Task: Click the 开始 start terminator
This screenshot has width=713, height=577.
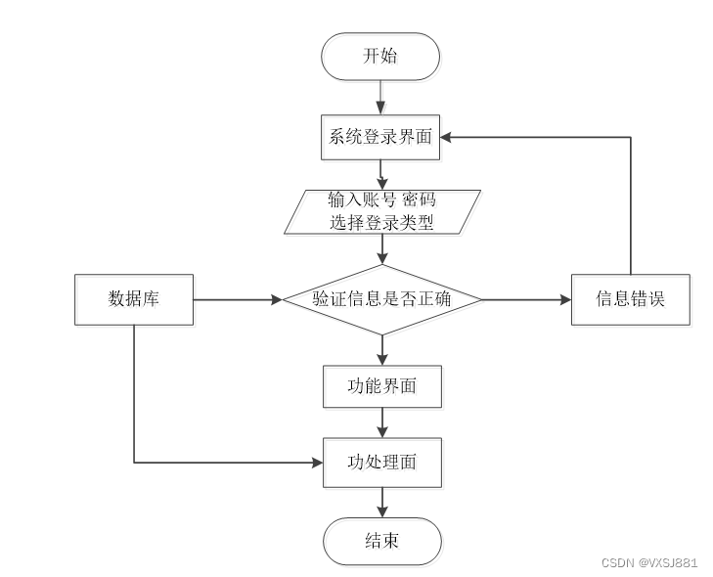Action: (380, 57)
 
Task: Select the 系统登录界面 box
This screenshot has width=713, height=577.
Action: (380, 137)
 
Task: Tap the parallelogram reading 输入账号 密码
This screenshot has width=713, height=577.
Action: (382, 212)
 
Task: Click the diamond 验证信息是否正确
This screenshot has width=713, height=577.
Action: (382, 299)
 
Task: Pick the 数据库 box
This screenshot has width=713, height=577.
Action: (134, 299)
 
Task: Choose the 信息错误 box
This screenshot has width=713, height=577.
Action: (631, 299)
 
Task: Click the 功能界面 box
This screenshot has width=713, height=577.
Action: (382, 386)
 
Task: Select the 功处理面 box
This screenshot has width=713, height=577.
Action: (382, 463)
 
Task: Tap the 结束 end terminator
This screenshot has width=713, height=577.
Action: (382, 541)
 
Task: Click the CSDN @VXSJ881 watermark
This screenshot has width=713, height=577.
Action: (649, 563)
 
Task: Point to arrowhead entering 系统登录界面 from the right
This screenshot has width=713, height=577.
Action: (446, 137)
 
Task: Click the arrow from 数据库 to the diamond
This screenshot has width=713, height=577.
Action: (238, 299)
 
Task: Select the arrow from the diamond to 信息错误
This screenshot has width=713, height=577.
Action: (526, 299)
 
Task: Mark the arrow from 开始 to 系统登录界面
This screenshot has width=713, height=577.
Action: (380, 98)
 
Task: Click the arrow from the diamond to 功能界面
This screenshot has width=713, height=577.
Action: (382, 350)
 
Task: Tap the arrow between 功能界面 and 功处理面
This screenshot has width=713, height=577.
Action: (382, 422)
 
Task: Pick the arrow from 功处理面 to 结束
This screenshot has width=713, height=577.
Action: (382, 503)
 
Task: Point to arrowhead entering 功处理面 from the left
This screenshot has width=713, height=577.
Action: (318, 463)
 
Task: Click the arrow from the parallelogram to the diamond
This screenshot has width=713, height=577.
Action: (382, 249)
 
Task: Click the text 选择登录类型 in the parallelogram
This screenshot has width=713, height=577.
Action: (381, 222)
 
